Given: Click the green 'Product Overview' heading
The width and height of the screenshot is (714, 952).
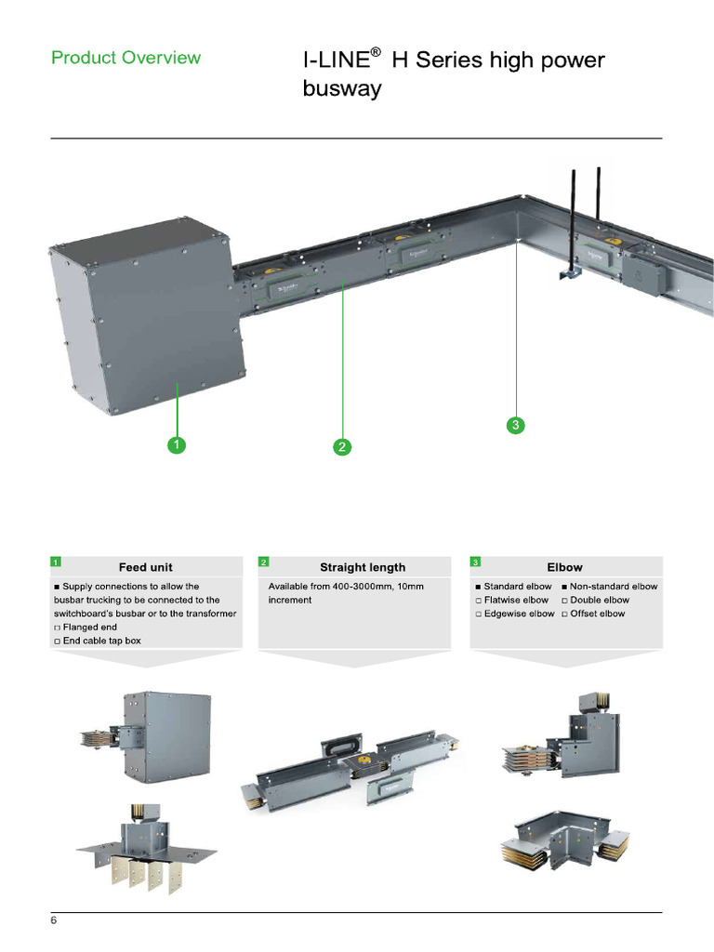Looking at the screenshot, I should [126, 58].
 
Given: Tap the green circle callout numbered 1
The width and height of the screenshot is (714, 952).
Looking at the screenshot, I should [175, 445].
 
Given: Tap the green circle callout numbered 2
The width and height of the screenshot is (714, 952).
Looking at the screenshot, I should [342, 447].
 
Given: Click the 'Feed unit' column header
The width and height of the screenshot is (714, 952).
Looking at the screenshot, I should [145, 567].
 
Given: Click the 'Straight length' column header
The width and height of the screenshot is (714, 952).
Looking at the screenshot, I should [362, 567].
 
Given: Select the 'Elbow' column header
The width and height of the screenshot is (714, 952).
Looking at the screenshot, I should [564, 567].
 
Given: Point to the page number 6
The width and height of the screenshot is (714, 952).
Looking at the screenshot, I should [54, 920].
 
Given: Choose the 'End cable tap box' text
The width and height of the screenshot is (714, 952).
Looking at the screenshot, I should [101, 641].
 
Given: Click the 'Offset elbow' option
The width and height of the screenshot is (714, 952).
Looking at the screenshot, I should [597, 614].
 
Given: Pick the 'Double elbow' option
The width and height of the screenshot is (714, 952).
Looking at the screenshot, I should [599, 601].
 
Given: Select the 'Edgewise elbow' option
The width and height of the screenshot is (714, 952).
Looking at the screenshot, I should [519, 614].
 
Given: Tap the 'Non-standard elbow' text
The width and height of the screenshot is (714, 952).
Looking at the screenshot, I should [613, 587].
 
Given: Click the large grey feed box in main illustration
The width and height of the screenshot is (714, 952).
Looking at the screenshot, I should [149, 316].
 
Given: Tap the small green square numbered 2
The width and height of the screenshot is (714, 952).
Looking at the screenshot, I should [264, 562].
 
